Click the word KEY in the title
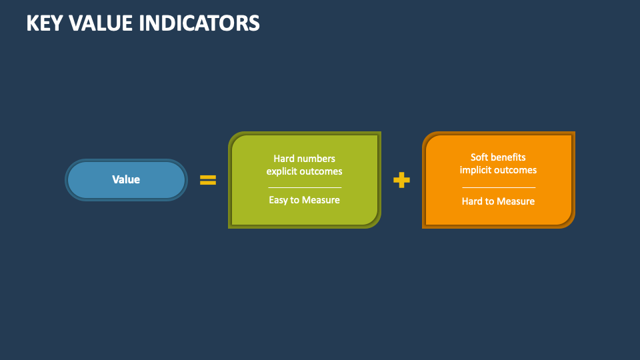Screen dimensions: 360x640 [44, 23]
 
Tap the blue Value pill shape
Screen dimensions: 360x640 [126, 180]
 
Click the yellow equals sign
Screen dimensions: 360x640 [208, 180]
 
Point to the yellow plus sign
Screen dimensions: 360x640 [401, 180]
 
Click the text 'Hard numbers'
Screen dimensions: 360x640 [304, 159]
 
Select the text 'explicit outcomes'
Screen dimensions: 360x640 [304, 171]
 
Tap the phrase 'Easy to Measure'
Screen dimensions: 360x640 [304, 200]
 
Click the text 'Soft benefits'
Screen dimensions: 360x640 [498, 157]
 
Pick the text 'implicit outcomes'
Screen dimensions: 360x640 [498, 170]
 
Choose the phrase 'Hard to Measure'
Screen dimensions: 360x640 [498, 201]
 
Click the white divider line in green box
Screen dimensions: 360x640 [304, 187]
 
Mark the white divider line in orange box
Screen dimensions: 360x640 [498, 187]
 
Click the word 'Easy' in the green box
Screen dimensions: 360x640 [279, 200]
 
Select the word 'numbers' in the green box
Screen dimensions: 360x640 [317, 159]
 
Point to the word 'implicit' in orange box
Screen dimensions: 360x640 [475, 170]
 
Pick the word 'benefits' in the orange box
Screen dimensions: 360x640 [509, 157]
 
